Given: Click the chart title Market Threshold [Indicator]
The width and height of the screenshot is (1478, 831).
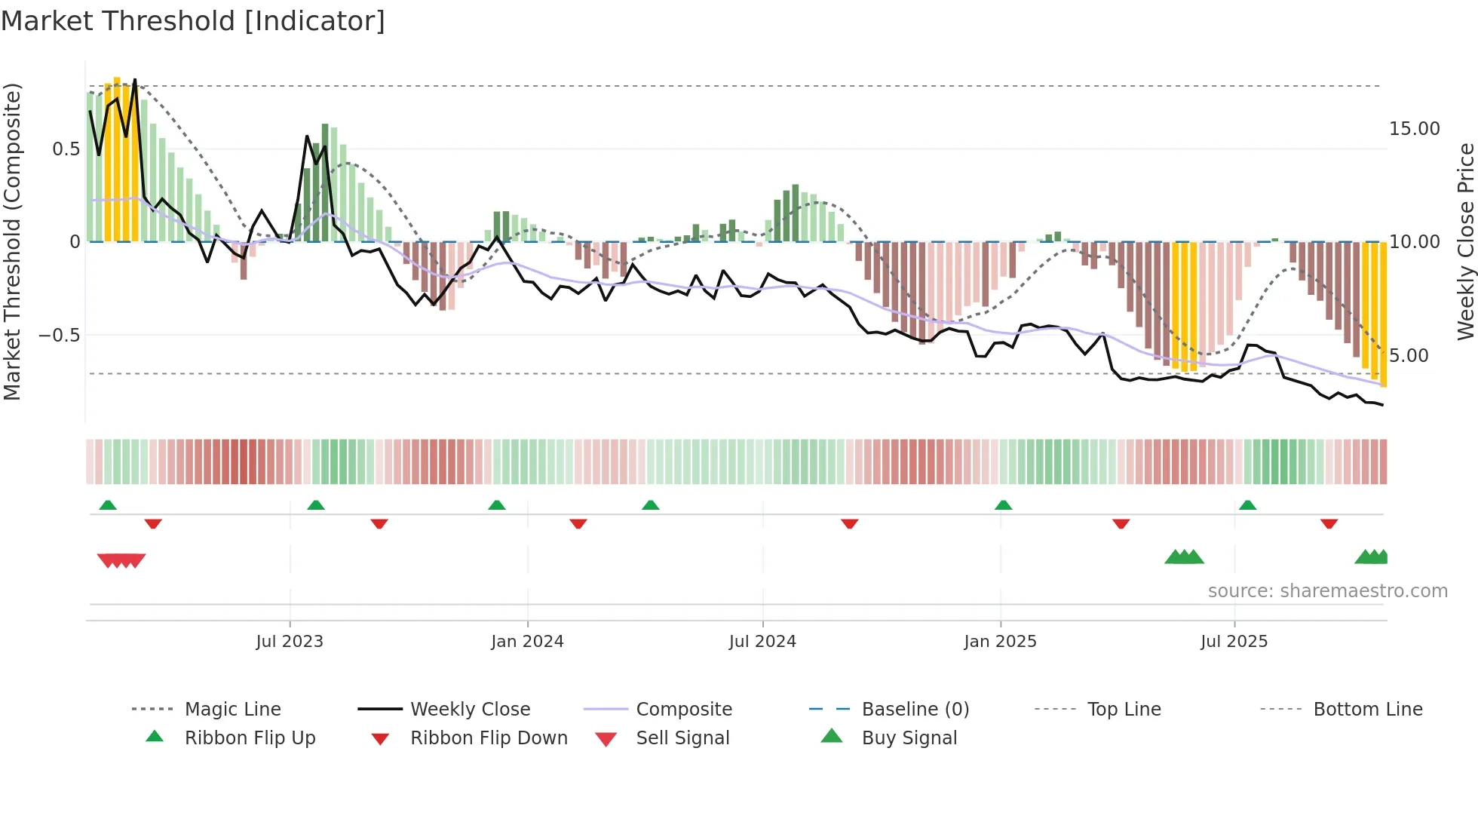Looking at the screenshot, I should tap(193, 21).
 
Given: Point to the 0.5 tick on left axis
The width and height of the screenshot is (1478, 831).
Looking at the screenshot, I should tap(66, 149).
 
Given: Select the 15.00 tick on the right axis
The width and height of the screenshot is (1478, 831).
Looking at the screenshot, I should tap(1414, 129).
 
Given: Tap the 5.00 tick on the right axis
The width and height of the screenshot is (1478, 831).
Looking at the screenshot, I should tap(1408, 356).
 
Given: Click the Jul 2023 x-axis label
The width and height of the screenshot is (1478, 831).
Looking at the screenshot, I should tap(290, 642).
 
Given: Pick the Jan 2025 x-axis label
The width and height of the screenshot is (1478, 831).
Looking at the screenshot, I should tap(1000, 642).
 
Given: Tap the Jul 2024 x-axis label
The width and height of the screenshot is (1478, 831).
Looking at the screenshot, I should tap(762, 642).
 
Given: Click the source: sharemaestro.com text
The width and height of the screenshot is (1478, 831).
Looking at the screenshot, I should tap(1327, 591).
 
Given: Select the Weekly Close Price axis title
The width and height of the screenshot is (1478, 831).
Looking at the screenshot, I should tap(1465, 241).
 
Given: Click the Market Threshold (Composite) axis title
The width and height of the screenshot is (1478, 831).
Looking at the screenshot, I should tap(13, 241).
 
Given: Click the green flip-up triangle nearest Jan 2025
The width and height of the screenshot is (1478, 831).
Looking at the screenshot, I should tap(1003, 505).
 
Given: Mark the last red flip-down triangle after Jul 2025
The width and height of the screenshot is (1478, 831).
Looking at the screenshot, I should tap(1329, 523).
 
